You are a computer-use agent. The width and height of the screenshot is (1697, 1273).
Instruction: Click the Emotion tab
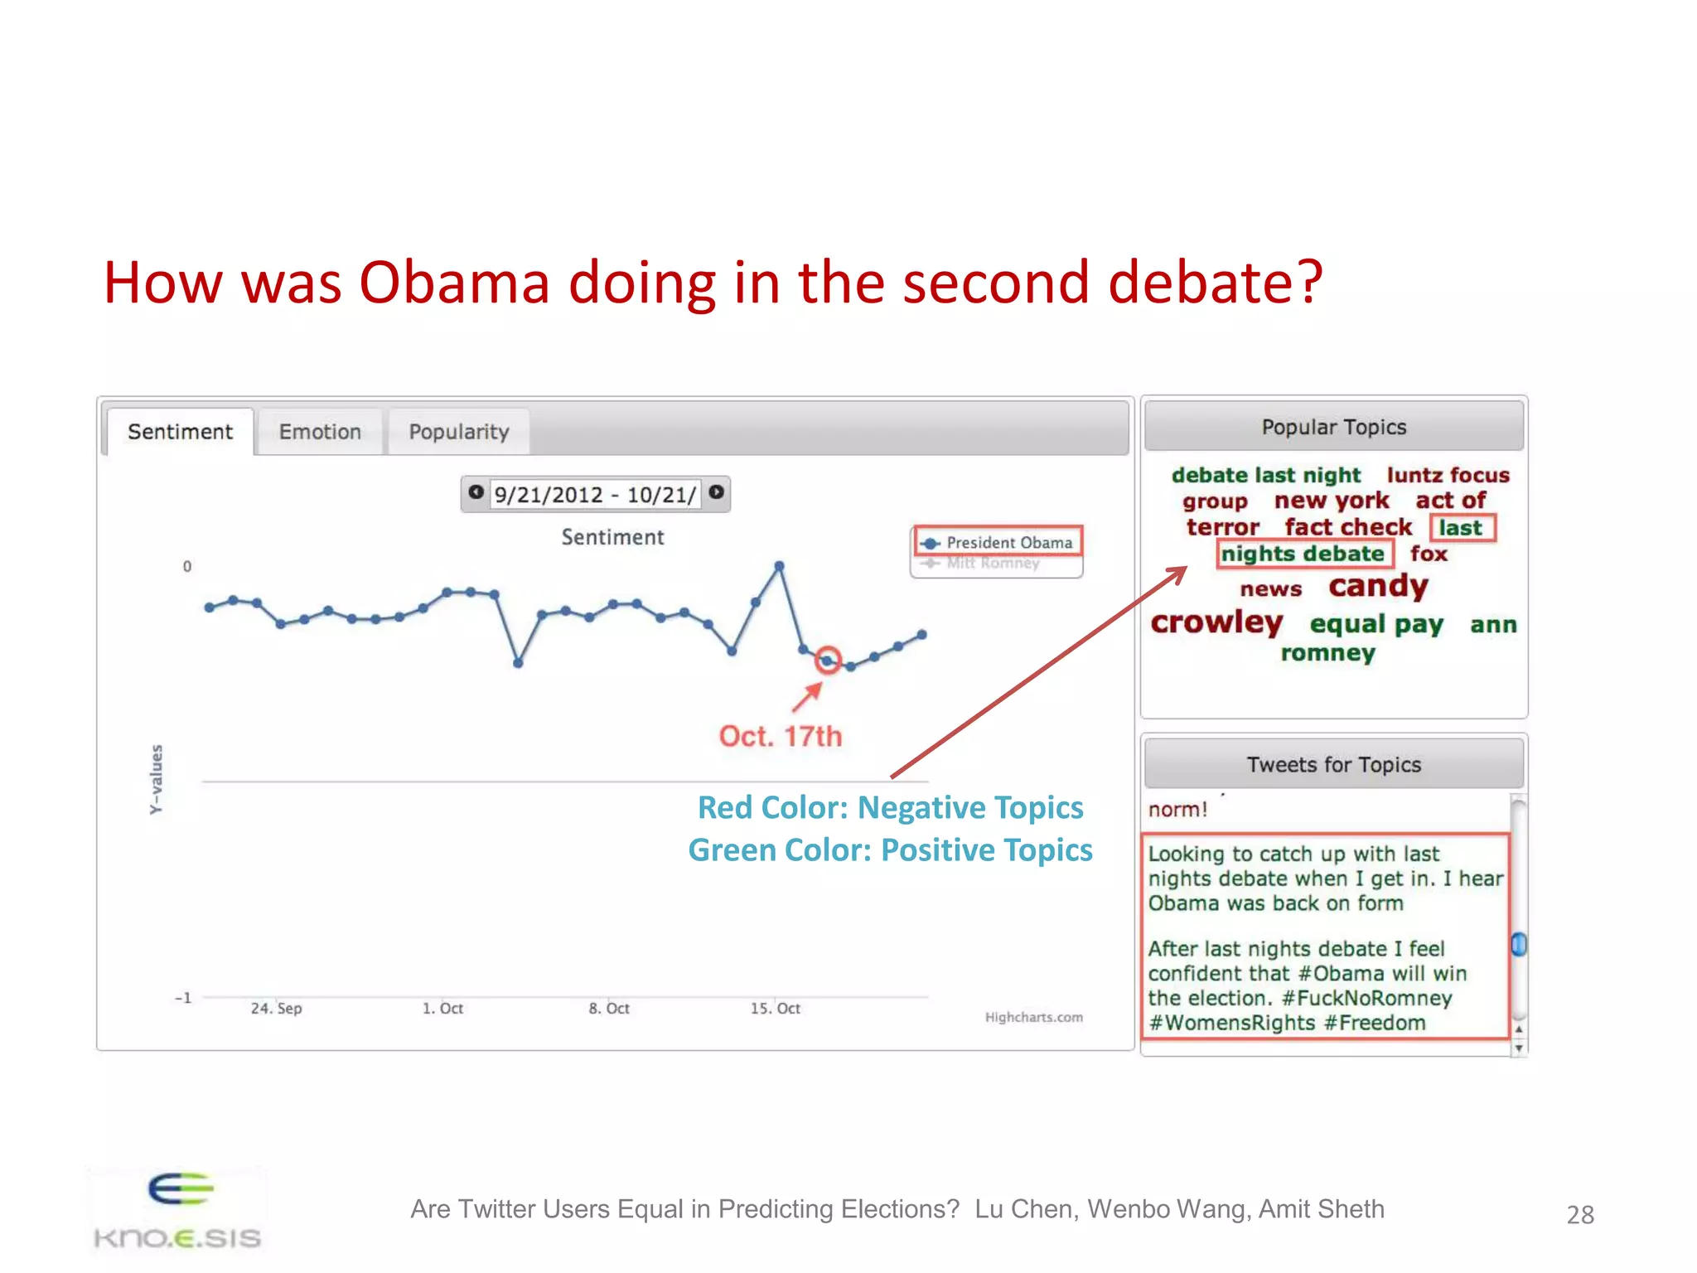pos(320,432)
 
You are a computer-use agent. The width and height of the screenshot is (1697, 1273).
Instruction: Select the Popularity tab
pos(458,432)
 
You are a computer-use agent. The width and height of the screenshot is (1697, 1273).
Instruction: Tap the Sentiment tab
pos(180,432)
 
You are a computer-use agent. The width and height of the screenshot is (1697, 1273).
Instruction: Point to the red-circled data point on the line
pos(827,661)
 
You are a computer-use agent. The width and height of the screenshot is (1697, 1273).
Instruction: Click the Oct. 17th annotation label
pos(780,736)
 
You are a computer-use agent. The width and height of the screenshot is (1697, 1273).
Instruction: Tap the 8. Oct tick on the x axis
pos(609,1009)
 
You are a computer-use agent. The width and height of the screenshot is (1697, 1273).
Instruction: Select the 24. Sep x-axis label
pos(276,1009)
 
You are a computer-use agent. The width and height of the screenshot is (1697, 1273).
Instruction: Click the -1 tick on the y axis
pos(183,998)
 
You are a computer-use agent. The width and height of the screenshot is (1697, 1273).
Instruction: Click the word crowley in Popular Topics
pos(1216,622)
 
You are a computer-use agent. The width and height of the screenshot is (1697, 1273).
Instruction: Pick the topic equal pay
pos(1376,624)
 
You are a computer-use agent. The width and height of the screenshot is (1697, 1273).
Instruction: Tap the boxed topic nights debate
pos(1302,554)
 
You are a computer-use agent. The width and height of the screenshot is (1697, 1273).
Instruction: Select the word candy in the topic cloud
pos(1378,586)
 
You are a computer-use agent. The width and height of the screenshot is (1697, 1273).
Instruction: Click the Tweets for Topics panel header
pos(1333,764)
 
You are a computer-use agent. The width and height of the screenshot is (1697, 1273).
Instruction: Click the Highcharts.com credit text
pos(1033,1018)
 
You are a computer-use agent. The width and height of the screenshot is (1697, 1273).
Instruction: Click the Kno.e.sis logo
pos(178,1210)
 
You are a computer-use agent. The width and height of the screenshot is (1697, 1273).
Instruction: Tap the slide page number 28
pos(1579,1215)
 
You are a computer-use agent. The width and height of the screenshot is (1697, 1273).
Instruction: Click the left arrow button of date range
pos(476,492)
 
